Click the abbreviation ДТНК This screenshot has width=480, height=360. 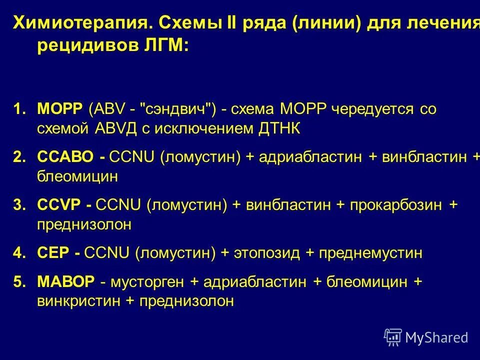[x=279, y=128]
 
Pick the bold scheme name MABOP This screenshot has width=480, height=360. [x=65, y=282]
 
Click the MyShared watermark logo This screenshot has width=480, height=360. [x=426, y=337]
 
